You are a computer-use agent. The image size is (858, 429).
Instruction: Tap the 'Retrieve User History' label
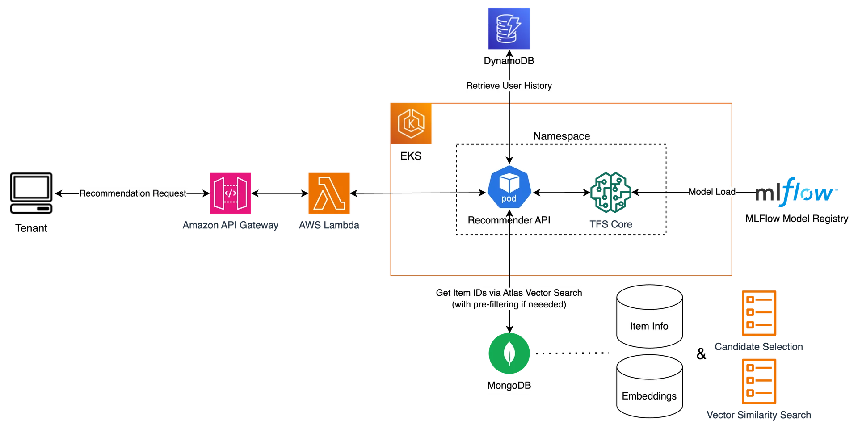click(509, 86)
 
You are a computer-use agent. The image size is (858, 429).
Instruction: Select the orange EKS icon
click(411, 124)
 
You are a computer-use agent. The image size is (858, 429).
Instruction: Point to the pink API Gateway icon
click(230, 194)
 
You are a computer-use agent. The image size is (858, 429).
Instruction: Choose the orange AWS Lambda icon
click(329, 194)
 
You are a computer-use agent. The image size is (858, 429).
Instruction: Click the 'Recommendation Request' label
click(132, 193)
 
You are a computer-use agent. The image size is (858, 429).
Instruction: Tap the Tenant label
click(31, 229)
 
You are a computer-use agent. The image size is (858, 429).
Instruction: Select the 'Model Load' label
click(712, 192)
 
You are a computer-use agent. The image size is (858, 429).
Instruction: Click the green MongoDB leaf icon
click(509, 353)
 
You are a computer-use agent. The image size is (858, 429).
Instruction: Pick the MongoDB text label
click(509, 386)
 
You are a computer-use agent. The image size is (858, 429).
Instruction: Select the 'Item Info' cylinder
click(649, 317)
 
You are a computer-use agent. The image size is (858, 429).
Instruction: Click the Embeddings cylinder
click(649, 387)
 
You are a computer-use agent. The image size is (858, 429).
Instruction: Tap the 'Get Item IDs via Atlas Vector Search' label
click(509, 299)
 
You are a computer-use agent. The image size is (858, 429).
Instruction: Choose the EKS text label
click(411, 156)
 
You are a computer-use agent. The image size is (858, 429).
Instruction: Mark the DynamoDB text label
click(509, 61)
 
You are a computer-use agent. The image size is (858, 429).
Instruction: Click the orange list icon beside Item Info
click(759, 314)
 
